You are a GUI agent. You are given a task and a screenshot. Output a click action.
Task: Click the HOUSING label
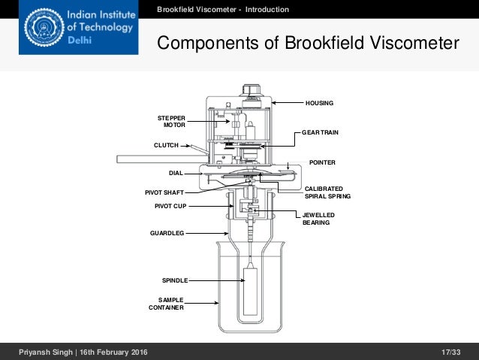click(318, 101)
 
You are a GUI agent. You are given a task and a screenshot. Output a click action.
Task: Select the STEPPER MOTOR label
click(171, 122)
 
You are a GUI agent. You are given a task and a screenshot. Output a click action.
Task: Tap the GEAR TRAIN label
click(320, 132)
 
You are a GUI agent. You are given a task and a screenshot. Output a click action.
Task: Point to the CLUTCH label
click(164, 145)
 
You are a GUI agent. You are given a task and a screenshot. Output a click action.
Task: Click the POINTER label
click(322, 162)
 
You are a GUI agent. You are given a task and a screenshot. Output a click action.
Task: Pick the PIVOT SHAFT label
click(164, 192)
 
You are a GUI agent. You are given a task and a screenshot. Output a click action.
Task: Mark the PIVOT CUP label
click(170, 205)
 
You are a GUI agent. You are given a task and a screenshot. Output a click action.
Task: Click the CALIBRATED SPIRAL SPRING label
click(328, 192)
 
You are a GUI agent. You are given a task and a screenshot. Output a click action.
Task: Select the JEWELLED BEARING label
click(318, 219)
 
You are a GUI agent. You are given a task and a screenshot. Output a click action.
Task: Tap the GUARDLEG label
click(167, 233)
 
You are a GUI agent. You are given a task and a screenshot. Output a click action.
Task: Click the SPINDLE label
click(174, 280)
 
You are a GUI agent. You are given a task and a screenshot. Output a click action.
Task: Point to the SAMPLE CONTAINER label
click(165, 303)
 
